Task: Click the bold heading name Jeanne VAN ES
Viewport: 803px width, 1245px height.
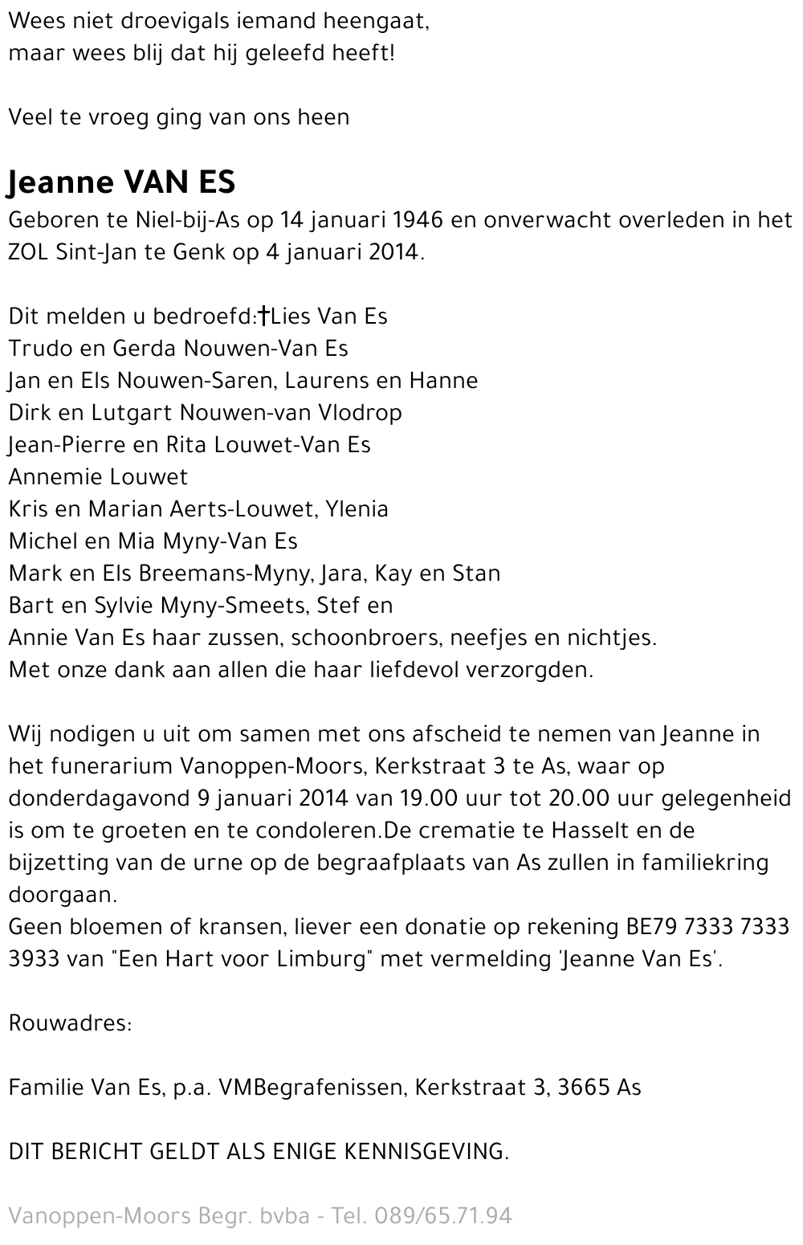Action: click(121, 182)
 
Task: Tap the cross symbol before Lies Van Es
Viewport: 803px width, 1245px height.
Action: click(263, 316)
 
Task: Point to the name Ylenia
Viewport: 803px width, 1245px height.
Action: click(357, 509)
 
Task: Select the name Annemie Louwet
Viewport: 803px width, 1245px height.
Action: click(98, 477)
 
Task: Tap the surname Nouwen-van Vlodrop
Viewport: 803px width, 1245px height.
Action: click(291, 413)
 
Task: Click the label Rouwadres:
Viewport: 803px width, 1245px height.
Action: click(70, 1023)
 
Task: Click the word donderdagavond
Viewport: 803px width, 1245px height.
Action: click(99, 798)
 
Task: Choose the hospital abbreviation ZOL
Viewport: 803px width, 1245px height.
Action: click(29, 252)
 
